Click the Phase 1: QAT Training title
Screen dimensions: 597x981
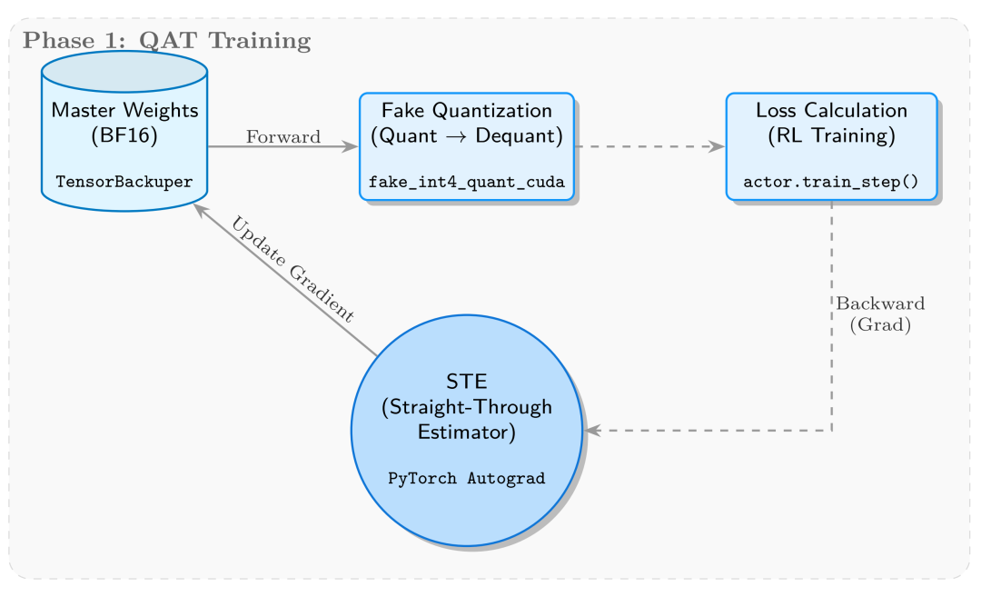click(x=167, y=41)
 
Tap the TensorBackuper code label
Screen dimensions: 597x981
click(x=124, y=182)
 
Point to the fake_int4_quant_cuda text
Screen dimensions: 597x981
click(x=467, y=182)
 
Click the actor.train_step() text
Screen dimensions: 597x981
click(x=831, y=182)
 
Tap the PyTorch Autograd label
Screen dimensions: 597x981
click(x=467, y=478)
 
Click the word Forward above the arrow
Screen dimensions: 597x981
click(x=283, y=137)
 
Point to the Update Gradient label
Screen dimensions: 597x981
click(x=292, y=269)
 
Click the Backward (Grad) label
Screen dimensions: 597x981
click(x=880, y=313)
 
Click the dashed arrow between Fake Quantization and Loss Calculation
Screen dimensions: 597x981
click(x=649, y=146)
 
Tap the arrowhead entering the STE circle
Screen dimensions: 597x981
click(x=593, y=431)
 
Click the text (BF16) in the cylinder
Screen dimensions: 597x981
click(x=124, y=136)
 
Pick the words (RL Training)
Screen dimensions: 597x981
click(x=831, y=136)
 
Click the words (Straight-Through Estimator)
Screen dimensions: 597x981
click(x=467, y=419)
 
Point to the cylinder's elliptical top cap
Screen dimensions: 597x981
click(x=124, y=74)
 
